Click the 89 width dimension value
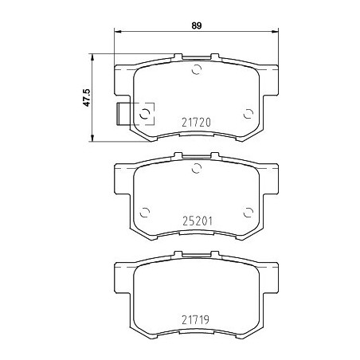click(x=197, y=25)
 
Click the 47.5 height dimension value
click(x=87, y=98)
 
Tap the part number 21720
click(x=196, y=123)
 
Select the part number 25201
click(x=198, y=221)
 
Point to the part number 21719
click(x=196, y=319)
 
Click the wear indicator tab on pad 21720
click(x=123, y=114)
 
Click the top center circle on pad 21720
click(x=197, y=69)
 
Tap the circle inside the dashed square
click(x=145, y=114)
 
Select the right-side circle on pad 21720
click(x=248, y=114)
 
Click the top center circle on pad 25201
click(x=197, y=168)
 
